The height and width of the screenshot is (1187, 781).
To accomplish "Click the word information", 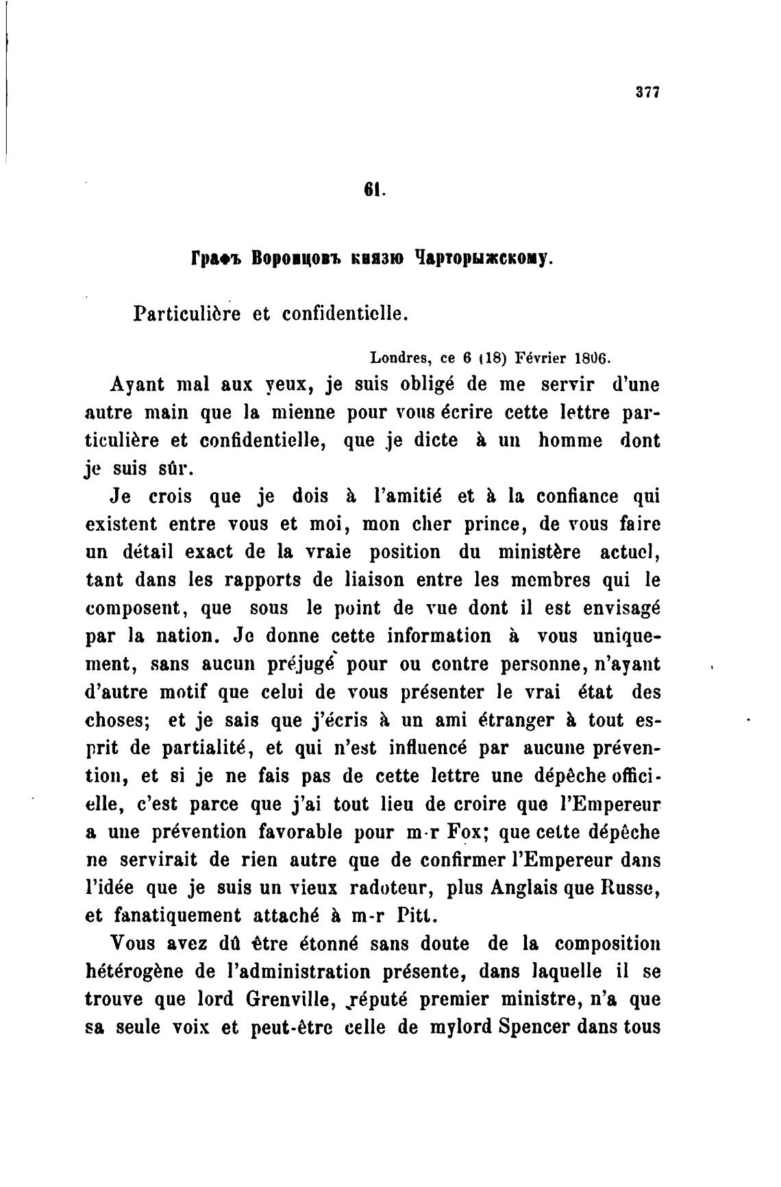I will pos(439,636).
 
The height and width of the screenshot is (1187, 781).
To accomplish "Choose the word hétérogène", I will pos(134,972).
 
